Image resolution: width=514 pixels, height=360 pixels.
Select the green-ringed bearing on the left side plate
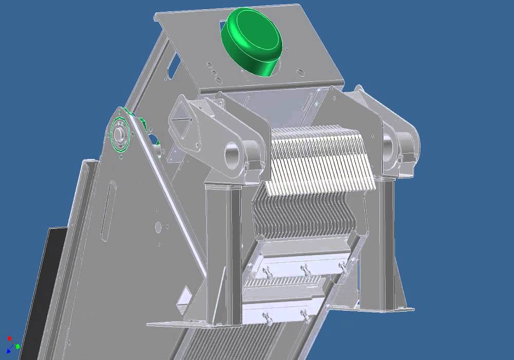click(x=120, y=135)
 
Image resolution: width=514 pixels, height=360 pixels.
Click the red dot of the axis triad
click(x=9, y=338)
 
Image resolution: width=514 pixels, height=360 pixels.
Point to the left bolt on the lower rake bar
click(x=266, y=316)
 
